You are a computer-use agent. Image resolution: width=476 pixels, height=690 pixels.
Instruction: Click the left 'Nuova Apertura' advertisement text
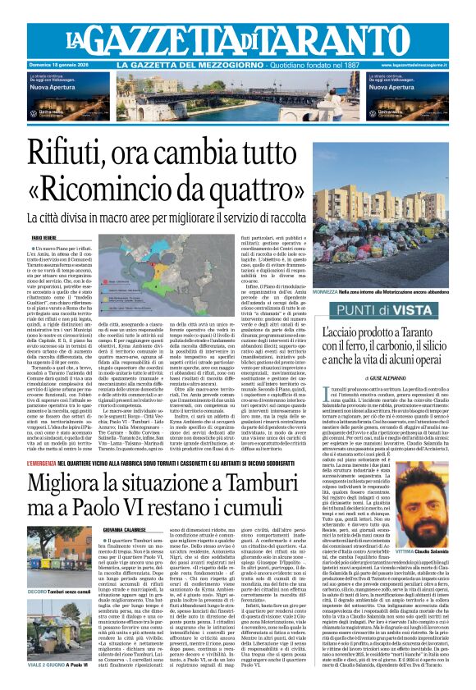53,85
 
